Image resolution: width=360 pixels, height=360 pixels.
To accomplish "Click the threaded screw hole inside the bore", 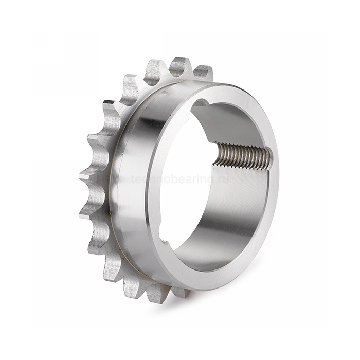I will pos(242,156).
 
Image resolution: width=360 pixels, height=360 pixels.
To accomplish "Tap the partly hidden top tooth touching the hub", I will pos(204,73).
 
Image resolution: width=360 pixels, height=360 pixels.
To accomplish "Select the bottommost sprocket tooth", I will pos(154,294).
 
